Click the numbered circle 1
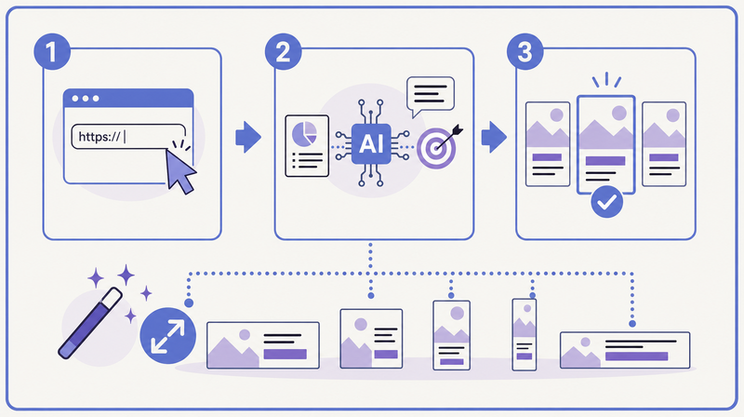(52, 52)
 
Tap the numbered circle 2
(284, 52)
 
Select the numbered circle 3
(525, 52)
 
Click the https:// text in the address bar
(100, 137)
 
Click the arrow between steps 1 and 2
(248, 137)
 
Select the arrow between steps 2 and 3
(494, 137)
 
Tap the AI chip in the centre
(371, 144)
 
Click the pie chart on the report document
(304, 134)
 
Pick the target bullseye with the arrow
(436, 148)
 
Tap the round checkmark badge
(607, 202)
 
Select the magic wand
(90, 323)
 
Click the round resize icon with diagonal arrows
(168, 336)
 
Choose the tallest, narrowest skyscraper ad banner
(525, 334)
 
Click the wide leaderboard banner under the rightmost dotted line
(625, 350)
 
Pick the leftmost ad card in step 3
(548, 144)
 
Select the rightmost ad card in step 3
(664, 144)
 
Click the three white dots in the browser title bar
(86, 99)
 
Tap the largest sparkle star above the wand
(126, 276)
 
